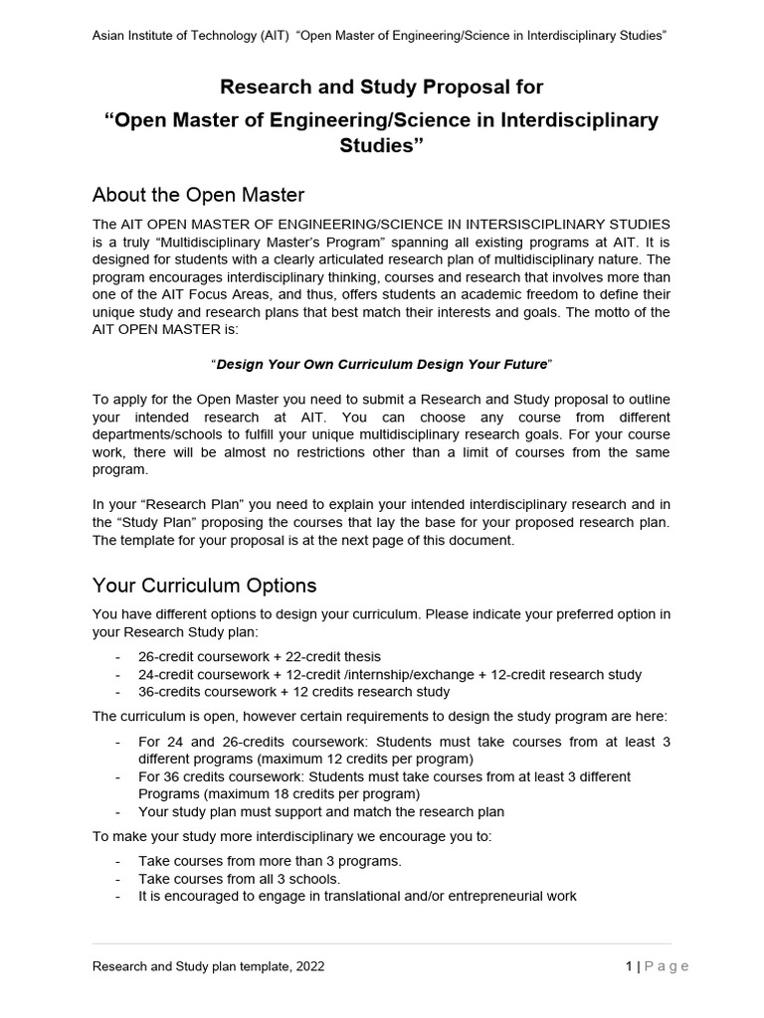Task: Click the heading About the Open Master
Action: [x=198, y=194]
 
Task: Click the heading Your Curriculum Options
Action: [x=204, y=585]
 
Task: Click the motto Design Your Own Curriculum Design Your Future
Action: [x=381, y=364]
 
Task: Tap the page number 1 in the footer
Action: [x=630, y=965]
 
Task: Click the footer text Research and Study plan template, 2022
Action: [x=208, y=965]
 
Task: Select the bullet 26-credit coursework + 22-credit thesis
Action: [x=259, y=656]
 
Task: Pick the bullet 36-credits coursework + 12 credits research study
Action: [x=293, y=691]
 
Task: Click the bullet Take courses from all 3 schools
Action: [x=239, y=879]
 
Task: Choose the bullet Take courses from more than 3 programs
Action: [x=270, y=861]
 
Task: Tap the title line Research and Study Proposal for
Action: [x=382, y=87]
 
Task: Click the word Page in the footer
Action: [x=667, y=965]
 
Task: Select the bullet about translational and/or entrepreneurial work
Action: [x=357, y=896]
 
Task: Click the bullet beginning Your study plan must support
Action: [x=321, y=811]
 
